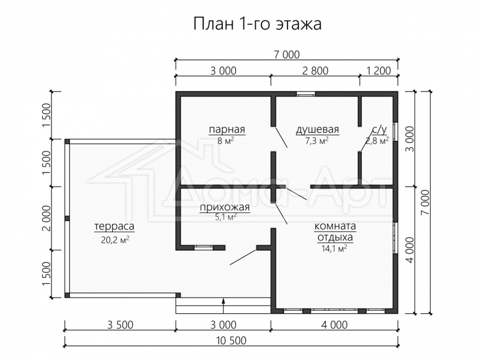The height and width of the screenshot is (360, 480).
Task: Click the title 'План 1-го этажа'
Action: (x=257, y=24)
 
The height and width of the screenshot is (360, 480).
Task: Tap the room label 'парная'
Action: (x=227, y=129)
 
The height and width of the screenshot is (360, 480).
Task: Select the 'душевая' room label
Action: (x=317, y=129)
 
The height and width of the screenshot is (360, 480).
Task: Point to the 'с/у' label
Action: (x=379, y=129)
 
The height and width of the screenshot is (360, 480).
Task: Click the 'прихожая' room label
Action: (x=225, y=207)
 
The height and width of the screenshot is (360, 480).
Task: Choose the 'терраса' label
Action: (x=114, y=227)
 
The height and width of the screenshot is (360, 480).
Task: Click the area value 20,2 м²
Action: (x=115, y=240)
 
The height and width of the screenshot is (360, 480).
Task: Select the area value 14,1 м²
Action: (x=335, y=248)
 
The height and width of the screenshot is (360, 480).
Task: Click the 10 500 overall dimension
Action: (x=231, y=340)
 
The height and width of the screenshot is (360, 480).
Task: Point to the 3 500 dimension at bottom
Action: (x=120, y=325)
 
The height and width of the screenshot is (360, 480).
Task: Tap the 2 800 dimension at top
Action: (x=315, y=70)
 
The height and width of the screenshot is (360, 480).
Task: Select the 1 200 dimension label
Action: (x=379, y=70)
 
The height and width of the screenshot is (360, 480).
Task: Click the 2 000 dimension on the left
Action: (x=46, y=218)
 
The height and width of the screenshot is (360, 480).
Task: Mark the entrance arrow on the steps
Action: (x=223, y=306)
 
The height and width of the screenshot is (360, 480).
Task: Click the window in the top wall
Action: (x=305, y=94)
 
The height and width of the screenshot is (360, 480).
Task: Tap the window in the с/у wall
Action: (x=396, y=132)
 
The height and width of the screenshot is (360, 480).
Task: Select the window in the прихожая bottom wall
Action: (x=204, y=247)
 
